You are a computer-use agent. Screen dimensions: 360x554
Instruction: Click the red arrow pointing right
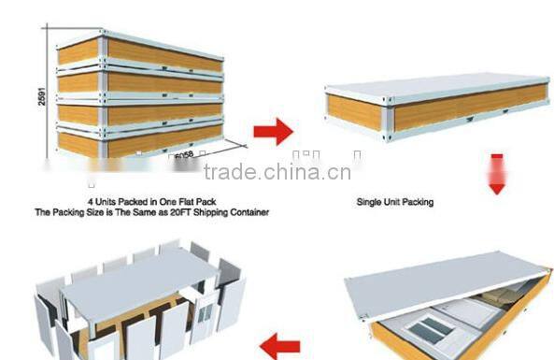pos(273,131)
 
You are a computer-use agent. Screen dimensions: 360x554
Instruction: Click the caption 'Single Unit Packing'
pos(395,202)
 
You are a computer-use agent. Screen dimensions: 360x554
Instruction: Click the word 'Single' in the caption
pos(369,202)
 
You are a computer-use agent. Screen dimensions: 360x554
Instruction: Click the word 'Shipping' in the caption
pos(208,213)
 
